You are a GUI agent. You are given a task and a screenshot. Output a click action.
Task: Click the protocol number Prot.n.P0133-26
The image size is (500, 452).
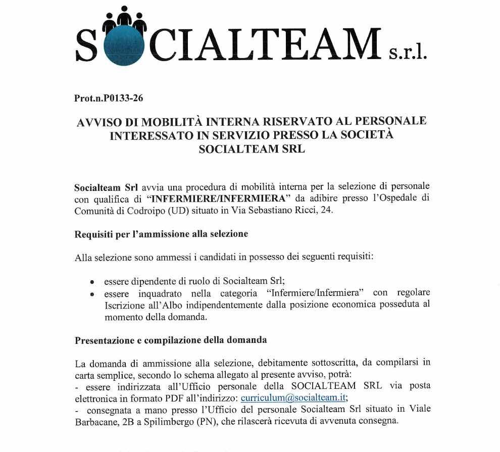tap(109, 98)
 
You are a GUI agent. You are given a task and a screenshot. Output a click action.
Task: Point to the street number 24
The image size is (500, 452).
tap(326, 211)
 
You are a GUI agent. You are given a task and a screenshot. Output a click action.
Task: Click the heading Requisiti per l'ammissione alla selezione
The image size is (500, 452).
tap(161, 234)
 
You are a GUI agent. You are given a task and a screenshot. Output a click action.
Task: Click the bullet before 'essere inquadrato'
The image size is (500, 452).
tap(92, 294)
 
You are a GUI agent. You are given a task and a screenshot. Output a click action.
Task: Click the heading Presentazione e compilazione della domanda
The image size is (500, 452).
tap(171, 340)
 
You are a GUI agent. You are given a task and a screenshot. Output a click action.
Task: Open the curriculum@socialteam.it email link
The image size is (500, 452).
tap(293, 397)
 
